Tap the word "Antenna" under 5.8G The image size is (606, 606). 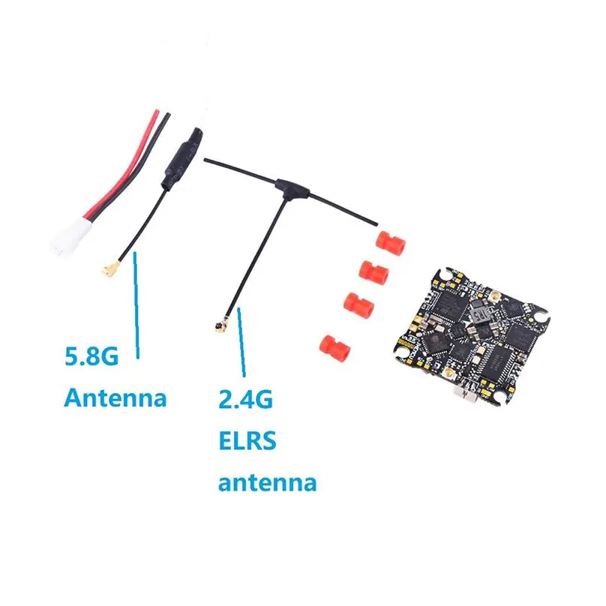pos(115,397)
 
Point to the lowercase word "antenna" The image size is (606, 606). pos(267,481)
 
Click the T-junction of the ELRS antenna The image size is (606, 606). pos(286,183)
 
